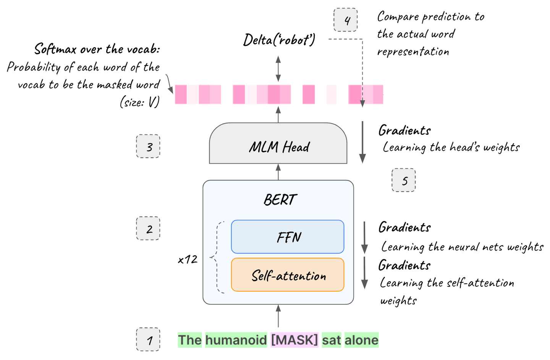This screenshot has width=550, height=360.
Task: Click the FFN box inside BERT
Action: click(287, 237)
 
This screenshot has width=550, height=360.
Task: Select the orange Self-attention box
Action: click(287, 275)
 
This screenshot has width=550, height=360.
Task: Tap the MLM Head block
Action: click(278, 145)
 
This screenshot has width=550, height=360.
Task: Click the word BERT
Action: click(280, 200)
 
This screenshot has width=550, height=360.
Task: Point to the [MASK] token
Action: click(294, 340)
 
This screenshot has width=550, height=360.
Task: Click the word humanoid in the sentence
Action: click(236, 340)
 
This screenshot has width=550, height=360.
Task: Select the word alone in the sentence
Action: click(361, 340)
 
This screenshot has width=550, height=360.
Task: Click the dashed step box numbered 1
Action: click(148, 339)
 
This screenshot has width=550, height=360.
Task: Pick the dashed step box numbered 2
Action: click(148, 229)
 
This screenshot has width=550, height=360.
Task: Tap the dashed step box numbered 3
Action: click(148, 146)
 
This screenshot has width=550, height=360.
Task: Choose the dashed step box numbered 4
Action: click(346, 20)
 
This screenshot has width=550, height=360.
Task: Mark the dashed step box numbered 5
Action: click(404, 180)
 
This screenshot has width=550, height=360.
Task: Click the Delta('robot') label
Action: click(279, 40)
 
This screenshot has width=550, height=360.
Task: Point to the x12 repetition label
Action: click(188, 260)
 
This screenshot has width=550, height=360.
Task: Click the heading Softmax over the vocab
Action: click(97, 49)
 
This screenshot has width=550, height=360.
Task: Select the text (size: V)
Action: click(139, 102)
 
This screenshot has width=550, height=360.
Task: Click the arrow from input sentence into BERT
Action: click(278, 316)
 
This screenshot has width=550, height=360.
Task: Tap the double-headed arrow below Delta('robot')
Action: click(278, 69)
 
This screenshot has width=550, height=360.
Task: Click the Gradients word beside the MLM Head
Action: click(404, 131)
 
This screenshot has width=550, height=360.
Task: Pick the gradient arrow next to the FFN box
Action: click(364, 237)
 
